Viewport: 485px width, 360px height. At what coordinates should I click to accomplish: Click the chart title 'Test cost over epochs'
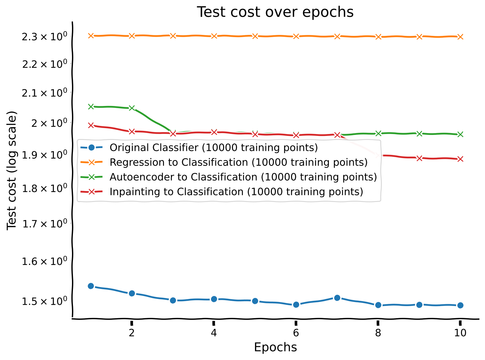(x=275, y=12)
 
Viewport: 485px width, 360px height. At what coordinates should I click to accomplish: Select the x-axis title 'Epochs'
(x=275, y=347)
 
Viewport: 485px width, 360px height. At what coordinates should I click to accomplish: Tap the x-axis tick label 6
(x=296, y=333)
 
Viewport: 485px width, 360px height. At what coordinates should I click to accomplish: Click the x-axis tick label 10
(x=460, y=333)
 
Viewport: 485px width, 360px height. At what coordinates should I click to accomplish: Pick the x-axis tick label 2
(x=132, y=333)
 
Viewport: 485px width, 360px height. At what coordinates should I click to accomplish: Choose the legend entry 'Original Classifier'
(x=214, y=147)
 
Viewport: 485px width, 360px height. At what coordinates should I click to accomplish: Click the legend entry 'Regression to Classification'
(x=238, y=162)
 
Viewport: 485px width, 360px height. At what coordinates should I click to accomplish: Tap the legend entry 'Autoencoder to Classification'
(x=243, y=177)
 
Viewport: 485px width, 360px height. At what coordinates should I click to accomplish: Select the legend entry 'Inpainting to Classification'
(x=236, y=191)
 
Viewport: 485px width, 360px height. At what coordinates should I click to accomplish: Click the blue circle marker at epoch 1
(x=91, y=286)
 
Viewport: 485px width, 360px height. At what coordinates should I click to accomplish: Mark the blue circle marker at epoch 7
(x=337, y=298)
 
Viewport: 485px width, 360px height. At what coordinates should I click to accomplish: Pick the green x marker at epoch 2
(x=132, y=108)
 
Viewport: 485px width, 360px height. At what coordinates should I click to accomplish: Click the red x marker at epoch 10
(x=460, y=159)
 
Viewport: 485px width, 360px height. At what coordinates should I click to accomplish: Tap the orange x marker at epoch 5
(x=255, y=36)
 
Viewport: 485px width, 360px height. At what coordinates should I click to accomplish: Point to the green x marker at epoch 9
(x=419, y=133)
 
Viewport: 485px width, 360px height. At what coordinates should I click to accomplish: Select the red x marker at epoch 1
(x=91, y=125)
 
